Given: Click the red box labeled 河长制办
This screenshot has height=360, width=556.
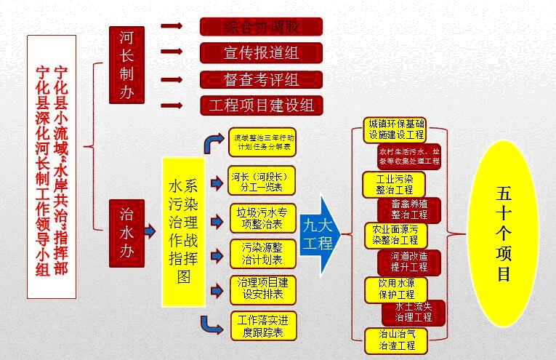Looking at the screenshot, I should (126, 66).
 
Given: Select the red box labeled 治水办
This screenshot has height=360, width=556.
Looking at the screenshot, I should (126, 231).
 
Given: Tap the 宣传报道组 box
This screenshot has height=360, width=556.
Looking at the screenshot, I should (261, 52).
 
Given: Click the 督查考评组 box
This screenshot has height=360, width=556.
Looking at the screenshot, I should (261, 79).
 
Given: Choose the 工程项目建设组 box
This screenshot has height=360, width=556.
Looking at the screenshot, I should (261, 105).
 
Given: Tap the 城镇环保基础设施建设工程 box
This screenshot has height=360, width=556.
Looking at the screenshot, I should (395, 129).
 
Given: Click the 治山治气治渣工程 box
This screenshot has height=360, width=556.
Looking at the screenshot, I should (395, 340).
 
